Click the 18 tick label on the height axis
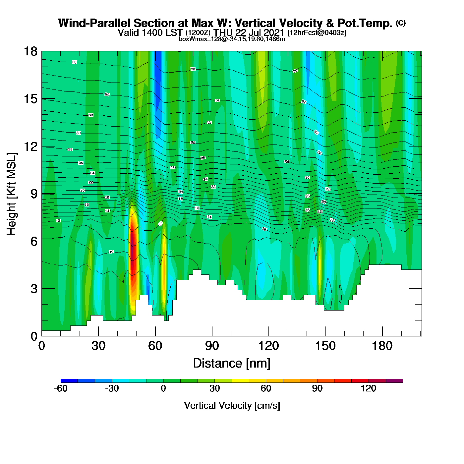pyautogui.click(x=30, y=51)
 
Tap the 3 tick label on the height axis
pyautogui.click(x=34, y=289)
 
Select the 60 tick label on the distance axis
pyautogui.click(x=155, y=346)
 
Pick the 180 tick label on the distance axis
pyautogui.click(x=382, y=346)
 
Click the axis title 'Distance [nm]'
pyautogui.click(x=232, y=363)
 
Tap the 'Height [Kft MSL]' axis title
pyautogui.click(x=12, y=194)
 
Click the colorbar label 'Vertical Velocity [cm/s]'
pyautogui.click(x=232, y=405)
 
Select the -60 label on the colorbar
pyautogui.click(x=61, y=388)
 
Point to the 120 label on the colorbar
pyautogui.click(x=369, y=388)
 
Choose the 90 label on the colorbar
pyautogui.click(x=317, y=388)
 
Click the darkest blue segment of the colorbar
pyautogui.click(x=69, y=381)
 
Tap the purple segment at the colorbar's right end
pyautogui.click(x=394, y=381)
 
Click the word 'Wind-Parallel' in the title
pyautogui.click(x=94, y=23)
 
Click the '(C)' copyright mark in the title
pyautogui.click(x=401, y=23)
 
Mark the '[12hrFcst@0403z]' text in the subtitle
pyautogui.click(x=317, y=33)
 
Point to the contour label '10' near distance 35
pyautogui.click(x=111, y=252)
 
